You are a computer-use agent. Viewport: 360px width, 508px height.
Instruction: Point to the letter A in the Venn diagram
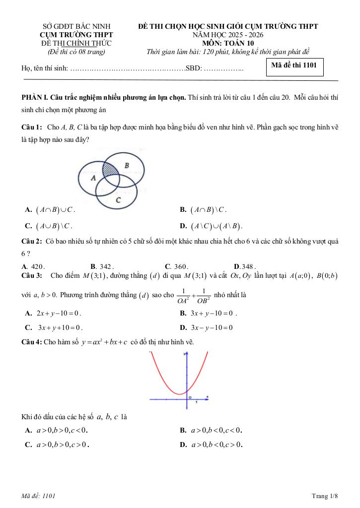coord(93,177)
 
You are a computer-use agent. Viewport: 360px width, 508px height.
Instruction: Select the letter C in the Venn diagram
coord(118,200)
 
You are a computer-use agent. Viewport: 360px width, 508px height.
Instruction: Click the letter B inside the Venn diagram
coord(126,165)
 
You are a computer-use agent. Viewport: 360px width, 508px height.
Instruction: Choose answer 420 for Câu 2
coord(38,266)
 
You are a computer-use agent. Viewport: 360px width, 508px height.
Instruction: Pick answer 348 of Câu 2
coord(248,266)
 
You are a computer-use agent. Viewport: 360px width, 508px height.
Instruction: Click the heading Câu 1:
coord(32,127)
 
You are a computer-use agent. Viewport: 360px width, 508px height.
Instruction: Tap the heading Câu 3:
coord(32,275)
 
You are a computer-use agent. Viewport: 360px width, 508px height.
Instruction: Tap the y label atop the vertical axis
coord(184,354)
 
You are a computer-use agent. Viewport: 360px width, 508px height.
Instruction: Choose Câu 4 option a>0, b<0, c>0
coord(216,444)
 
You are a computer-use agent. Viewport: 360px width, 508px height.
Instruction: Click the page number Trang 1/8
coord(325,496)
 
